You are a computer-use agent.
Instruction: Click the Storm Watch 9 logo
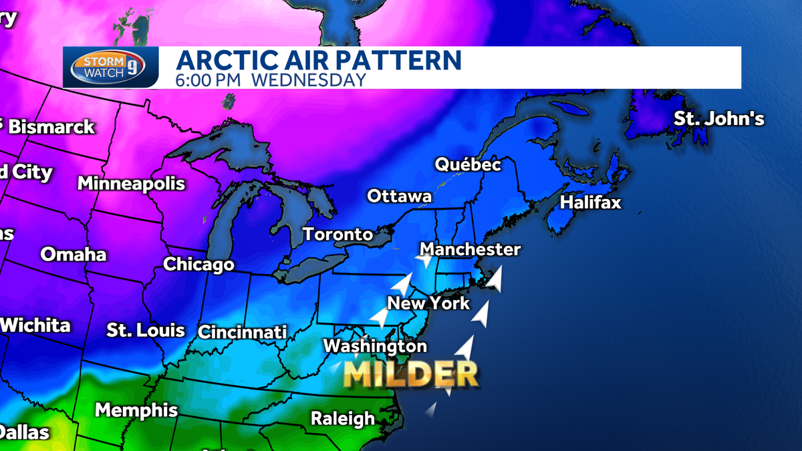pos(112,67)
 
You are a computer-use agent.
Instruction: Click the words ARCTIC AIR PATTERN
pos(319,60)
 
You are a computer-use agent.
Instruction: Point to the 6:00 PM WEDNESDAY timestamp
pos(271,80)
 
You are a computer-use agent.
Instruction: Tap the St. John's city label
pos(718,120)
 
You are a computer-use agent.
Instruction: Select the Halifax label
pos(591,202)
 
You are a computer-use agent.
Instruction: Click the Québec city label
pos(468,164)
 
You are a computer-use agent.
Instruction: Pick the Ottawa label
pos(399,196)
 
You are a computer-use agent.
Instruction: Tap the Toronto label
pos(338,235)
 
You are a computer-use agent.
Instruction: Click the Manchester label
pos(470,250)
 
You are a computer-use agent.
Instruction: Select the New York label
pos(429,303)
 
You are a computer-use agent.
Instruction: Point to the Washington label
pos(375,346)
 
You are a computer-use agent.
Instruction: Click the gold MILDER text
pos(411,375)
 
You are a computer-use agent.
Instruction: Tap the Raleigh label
pos(343,419)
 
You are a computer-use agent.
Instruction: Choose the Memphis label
pos(136,410)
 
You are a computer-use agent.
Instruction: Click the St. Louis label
pos(146,330)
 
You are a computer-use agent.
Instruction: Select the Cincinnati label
pos(242,332)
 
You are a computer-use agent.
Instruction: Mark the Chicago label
pos(198,265)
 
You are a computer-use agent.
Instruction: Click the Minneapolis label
pos(131,183)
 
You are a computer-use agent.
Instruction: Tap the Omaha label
pos(74,255)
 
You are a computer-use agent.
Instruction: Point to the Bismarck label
pos(51,127)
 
